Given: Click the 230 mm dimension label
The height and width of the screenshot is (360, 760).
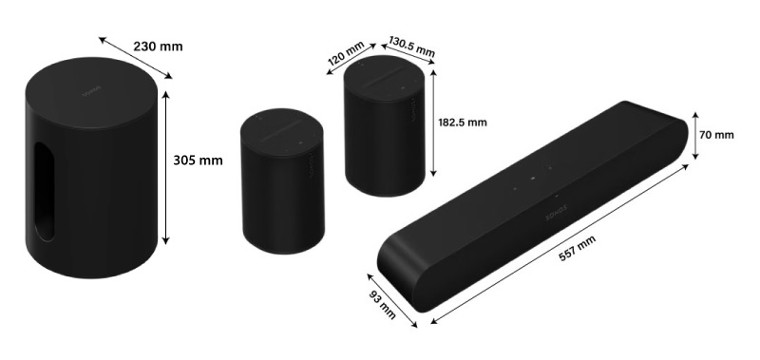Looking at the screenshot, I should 159,47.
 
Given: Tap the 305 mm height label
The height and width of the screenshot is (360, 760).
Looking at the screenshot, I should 198,160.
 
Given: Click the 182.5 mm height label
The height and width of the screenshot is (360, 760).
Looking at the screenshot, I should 463,122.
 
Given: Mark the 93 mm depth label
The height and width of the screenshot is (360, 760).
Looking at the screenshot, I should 384,301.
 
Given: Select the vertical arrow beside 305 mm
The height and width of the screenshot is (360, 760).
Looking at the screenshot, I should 167,167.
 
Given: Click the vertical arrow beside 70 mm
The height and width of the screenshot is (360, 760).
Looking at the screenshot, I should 693,135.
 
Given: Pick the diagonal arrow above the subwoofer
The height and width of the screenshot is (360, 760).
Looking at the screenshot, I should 135,57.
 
